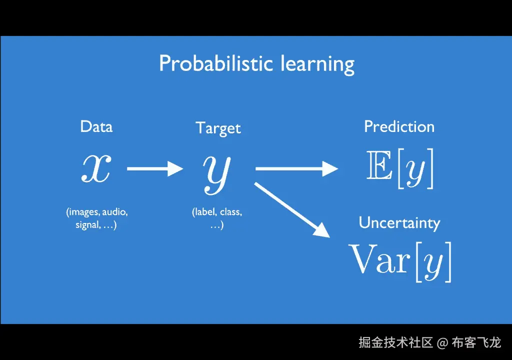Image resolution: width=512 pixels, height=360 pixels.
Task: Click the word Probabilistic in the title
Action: tap(216, 63)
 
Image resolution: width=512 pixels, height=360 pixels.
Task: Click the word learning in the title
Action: tap(317, 64)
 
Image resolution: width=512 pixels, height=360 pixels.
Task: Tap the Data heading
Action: tap(96, 126)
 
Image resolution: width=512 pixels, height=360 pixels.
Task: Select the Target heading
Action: tap(218, 128)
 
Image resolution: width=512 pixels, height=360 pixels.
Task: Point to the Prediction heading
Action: tap(399, 126)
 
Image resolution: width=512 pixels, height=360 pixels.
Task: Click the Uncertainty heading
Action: tap(399, 223)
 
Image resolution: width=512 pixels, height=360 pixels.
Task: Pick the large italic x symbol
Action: tap(96, 168)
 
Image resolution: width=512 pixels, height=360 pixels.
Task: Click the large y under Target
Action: tap(217, 174)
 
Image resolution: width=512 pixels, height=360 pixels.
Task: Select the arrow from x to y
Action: tap(155, 168)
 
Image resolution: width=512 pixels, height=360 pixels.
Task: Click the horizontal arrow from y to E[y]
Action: tap(297, 168)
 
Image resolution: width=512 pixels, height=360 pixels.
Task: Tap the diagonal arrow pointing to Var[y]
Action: tap(292, 209)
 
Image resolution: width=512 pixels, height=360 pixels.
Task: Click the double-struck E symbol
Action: tap(379, 165)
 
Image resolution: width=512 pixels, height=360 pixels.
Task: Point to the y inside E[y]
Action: tap(415, 171)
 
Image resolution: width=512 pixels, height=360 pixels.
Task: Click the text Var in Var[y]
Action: tap(379, 258)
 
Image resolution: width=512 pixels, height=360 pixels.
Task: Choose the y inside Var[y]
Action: tap(433, 264)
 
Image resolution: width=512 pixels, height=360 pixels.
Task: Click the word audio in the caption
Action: tap(115, 212)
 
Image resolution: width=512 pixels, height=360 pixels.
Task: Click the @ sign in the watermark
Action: tap(442, 342)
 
